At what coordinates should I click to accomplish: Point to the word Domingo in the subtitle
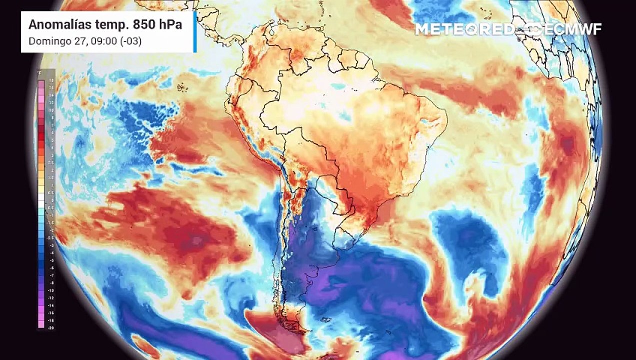(x=47, y=41)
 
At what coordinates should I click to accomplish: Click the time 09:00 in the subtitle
(x=100, y=41)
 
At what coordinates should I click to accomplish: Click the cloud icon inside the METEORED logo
(x=488, y=29)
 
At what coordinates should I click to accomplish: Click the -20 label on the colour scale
(x=51, y=328)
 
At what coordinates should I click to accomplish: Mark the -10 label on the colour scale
(x=51, y=290)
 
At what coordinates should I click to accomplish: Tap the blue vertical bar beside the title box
(x=195, y=32)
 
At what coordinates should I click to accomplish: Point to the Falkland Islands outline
(x=327, y=319)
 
